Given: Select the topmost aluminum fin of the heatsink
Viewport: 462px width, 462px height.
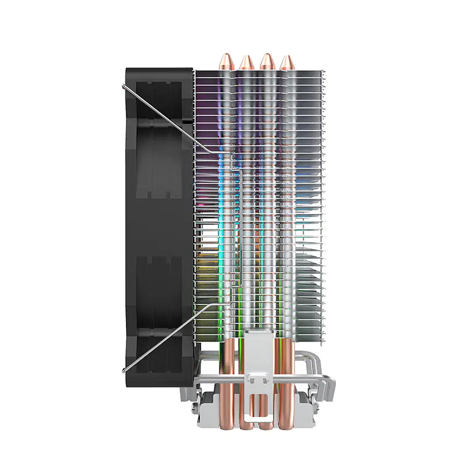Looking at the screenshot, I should pyautogui.click(x=260, y=72).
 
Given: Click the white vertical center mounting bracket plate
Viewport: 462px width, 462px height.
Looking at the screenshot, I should pyautogui.click(x=255, y=352).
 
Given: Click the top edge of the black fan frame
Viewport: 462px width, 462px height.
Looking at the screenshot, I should pyautogui.click(x=159, y=69).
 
